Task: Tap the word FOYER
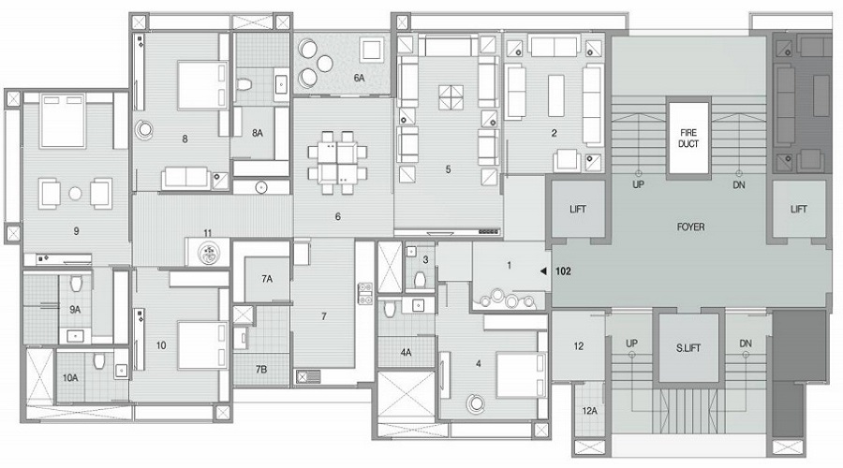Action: tap(690, 227)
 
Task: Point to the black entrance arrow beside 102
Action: tap(544, 271)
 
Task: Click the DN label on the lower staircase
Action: tap(745, 344)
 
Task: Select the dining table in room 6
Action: tap(335, 157)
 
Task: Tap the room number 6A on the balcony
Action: tap(359, 79)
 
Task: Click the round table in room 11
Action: tap(207, 252)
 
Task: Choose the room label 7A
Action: tap(267, 278)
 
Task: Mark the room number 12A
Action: tap(589, 411)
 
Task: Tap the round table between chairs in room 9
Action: tap(75, 194)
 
